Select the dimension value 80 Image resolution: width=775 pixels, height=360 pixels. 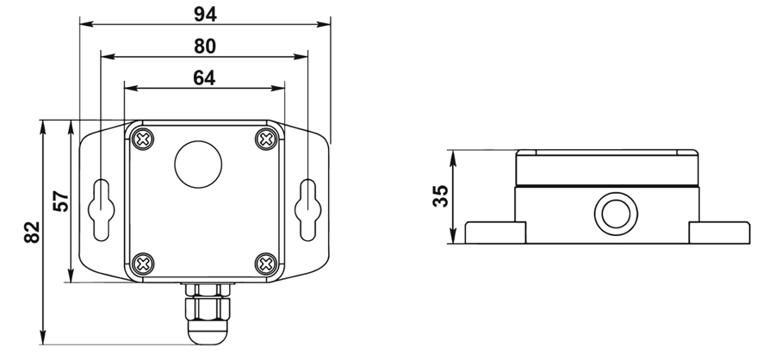tap(204, 45)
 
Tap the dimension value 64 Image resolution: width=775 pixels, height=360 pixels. tap(204, 77)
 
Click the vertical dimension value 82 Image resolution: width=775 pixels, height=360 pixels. tap(30, 233)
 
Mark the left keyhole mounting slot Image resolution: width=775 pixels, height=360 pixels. tap(102, 208)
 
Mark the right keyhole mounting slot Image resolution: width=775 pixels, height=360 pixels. tap(307, 208)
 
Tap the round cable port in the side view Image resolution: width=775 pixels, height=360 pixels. tap(613, 213)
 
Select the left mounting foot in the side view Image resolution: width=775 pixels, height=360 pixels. tap(495, 233)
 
